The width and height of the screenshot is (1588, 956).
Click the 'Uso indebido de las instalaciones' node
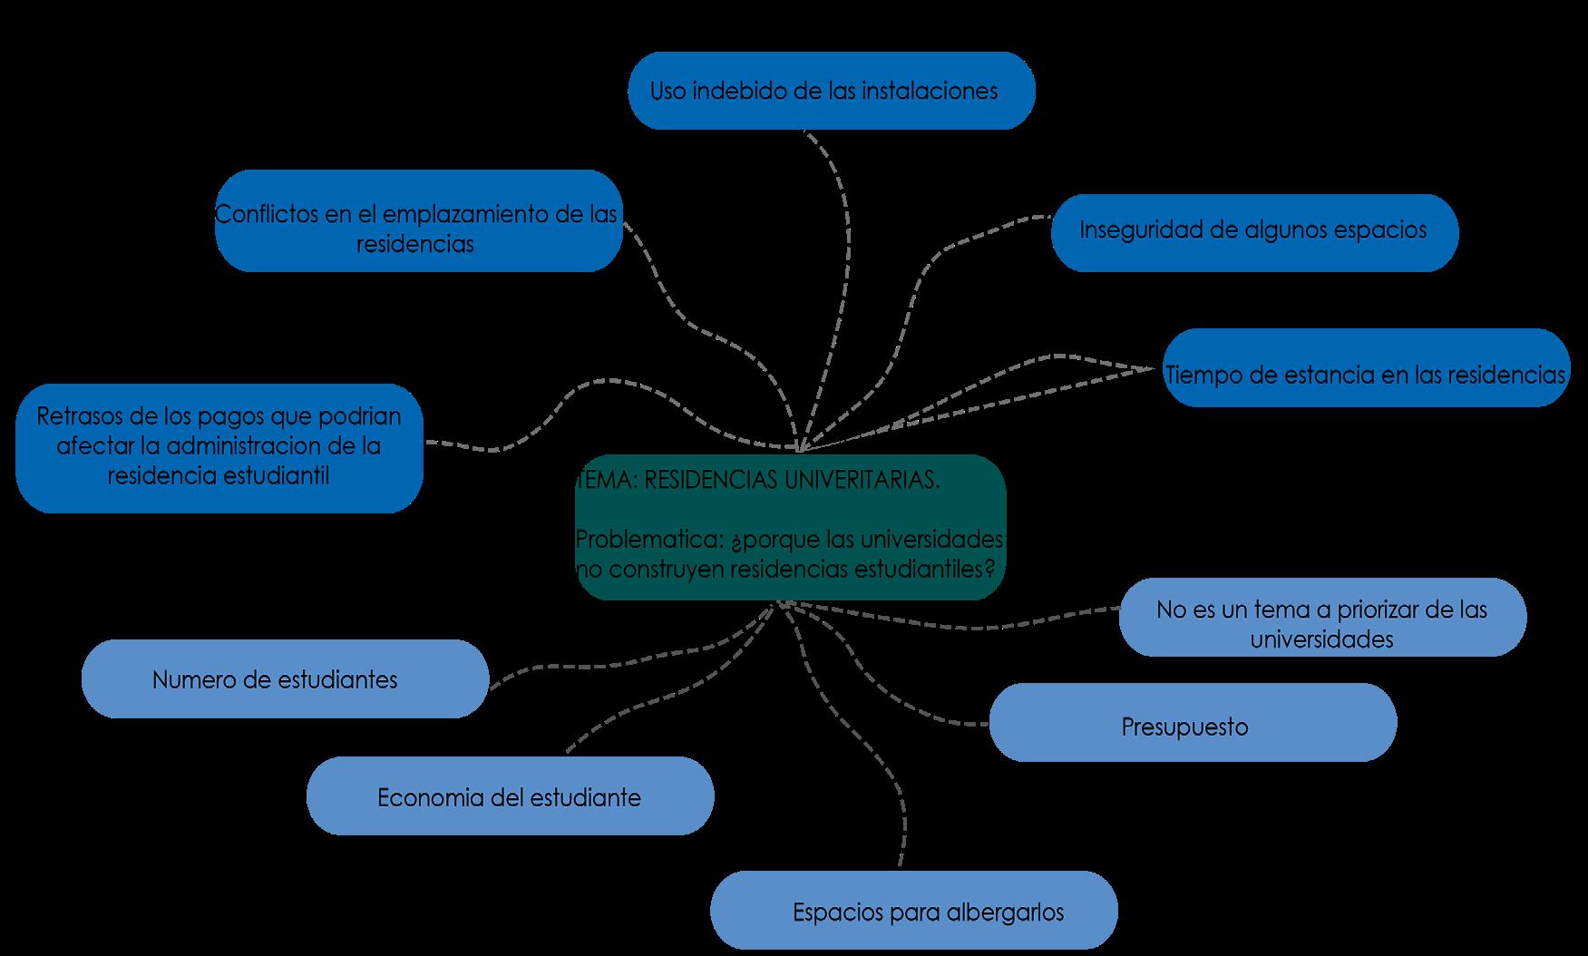tap(832, 91)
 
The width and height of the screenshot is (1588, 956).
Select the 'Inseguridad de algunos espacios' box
tap(1255, 232)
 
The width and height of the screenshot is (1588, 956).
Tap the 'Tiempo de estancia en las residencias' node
tap(1367, 367)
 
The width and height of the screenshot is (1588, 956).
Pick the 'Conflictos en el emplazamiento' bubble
tap(419, 220)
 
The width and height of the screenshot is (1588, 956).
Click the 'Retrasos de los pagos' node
tap(219, 448)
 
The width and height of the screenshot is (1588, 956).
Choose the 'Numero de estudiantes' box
tap(285, 678)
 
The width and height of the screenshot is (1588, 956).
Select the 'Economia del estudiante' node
tap(511, 795)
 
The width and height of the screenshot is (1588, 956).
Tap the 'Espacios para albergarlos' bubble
tap(914, 911)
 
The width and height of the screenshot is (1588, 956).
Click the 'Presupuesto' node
tap(1193, 722)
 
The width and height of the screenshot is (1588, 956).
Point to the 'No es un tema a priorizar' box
tap(1323, 617)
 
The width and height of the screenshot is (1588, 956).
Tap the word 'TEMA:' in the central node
tap(606, 480)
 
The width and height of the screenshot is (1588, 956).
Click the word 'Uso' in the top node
tap(667, 92)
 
